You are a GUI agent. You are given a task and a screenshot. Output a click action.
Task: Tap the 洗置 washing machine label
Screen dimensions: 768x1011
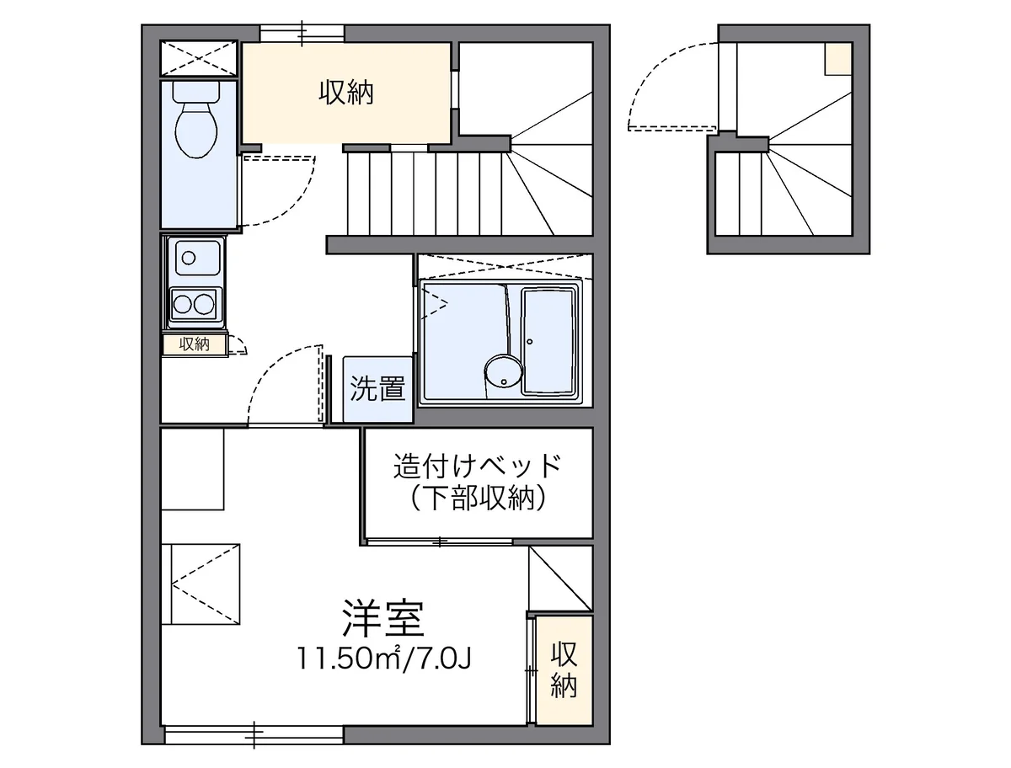point(378,389)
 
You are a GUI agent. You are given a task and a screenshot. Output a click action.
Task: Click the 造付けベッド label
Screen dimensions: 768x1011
point(477,465)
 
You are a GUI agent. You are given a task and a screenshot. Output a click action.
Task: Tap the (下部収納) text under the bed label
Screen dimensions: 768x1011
point(477,499)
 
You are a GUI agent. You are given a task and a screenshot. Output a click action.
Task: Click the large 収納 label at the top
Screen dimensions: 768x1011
point(345,92)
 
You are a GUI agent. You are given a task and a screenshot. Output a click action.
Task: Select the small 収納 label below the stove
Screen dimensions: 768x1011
point(194,344)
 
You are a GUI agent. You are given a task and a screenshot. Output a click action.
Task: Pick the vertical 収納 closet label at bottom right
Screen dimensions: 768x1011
point(564,670)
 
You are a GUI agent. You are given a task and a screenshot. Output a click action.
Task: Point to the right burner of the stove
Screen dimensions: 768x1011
point(205,302)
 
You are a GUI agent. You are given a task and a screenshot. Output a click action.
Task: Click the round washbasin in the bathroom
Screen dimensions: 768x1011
point(503,371)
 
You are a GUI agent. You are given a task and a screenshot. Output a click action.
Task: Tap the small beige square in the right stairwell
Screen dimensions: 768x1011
point(838,60)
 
